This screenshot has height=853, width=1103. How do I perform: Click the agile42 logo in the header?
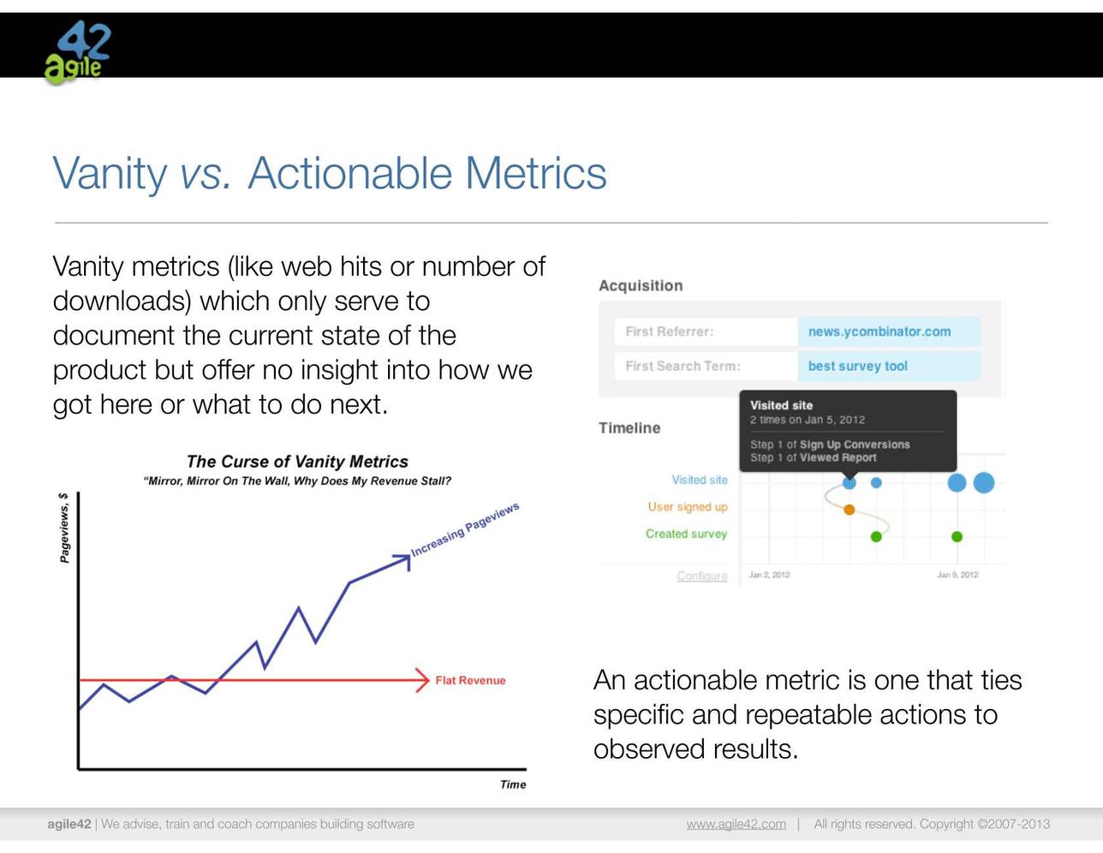pyautogui.click(x=78, y=51)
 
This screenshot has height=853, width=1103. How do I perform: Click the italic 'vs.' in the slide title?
pyautogui.click(x=206, y=174)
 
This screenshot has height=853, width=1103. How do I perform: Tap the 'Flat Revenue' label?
pyautogui.click(x=470, y=681)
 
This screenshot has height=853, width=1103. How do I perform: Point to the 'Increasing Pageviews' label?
pyautogui.click(x=464, y=529)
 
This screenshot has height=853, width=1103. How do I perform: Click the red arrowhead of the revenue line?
pyautogui.click(x=423, y=680)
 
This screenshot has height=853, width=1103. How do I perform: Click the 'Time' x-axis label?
pyautogui.click(x=513, y=784)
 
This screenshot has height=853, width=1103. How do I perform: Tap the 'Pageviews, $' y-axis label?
pyautogui.click(x=64, y=528)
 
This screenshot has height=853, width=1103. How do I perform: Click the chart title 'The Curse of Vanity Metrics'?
pyautogui.click(x=297, y=462)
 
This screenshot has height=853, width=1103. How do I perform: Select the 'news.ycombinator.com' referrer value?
pyautogui.click(x=879, y=331)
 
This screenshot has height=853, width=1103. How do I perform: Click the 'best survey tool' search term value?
pyautogui.click(x=857, y=366)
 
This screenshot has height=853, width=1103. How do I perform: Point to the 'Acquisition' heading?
pyautogui.click(x=641, y=286)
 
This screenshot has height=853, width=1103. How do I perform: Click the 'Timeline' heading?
pyautogui.click(x=629, y=427)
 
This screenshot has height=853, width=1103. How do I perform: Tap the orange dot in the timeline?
pyautogui.click(x=849, y=510)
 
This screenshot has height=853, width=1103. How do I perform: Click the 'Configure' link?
pyautogui.click(x=702, y=576)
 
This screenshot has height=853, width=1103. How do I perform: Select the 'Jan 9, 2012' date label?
pyautogui.click(x=957, y=575)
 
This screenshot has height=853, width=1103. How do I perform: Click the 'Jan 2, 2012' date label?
pyautogui.click(x=769, y=575)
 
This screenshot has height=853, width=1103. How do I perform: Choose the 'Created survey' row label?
pyautogui.click(x=686, y=534)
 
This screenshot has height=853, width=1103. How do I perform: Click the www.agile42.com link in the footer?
pyautogui.click(x=736, y=824)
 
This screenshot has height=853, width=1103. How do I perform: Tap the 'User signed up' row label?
pyautogui.click(x=688, y=507)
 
